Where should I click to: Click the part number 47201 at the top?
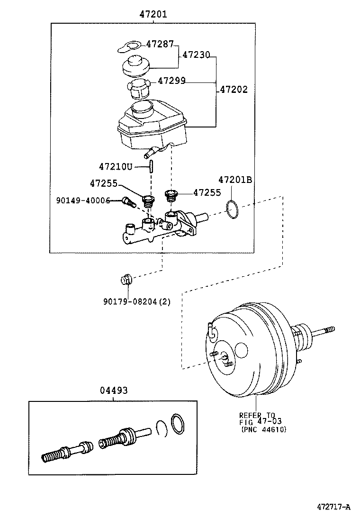(x=153, y=14)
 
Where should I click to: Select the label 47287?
(x=160, y=44)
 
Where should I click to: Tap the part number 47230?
(x=196, y=55)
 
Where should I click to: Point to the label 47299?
(x=171, y=81)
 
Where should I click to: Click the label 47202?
(x=234, y=90)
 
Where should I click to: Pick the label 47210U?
(x=116, y=166)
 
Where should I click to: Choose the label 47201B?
(x=235, y=180)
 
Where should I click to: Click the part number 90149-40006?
(x=83, y=200)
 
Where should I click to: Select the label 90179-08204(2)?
(x=137, y=302)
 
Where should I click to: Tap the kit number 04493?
(x=114, y=391)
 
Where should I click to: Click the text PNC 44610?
(x=264, y=429)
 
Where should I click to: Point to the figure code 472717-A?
(x=333, y=507)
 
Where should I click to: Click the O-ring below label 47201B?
(x=232, y=209)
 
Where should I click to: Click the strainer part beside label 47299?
(x=138, y=89)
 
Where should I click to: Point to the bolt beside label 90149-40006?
(x=129, y=202)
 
